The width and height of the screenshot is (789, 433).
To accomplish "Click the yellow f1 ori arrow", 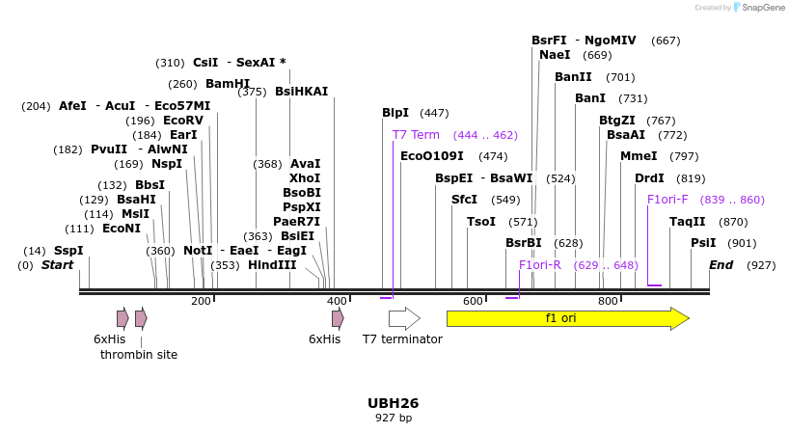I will (567, 318).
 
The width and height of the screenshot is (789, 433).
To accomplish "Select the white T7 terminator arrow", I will (404, 318).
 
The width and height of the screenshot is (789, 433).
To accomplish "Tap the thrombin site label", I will (139, 355).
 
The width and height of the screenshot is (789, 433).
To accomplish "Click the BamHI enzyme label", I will (228, 84).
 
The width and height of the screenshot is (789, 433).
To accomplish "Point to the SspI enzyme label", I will (68, 251).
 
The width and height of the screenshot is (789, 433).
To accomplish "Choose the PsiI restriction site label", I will (703, 243).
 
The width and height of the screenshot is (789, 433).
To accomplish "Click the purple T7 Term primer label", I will (416, 135).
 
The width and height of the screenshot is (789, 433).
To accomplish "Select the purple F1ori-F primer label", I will (667, 200).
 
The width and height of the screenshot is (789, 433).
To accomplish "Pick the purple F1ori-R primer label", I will (539, 265).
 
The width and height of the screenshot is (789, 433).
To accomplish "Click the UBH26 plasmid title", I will (394, 403).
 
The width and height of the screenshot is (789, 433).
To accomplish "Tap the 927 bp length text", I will (394, 419).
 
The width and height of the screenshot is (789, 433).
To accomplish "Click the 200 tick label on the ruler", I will (201, 302).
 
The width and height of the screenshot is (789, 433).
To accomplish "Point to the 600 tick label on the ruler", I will (473, 302).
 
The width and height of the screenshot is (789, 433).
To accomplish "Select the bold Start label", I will (57, 265).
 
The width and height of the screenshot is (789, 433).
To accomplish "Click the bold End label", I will (721, 265).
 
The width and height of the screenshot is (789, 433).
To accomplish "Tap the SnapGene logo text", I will (763, 8).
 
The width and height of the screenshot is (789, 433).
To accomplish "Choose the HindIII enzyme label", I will (272, 265).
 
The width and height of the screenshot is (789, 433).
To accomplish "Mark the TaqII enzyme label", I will (688, 222).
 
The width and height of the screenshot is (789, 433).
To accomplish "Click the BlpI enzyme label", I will (395, 113).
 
